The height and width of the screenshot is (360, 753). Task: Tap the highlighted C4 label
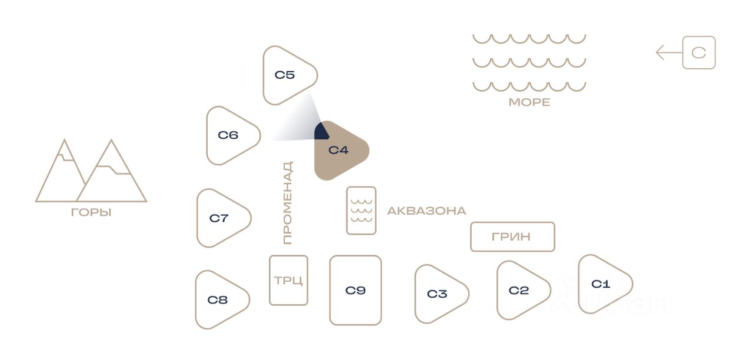(338, 150)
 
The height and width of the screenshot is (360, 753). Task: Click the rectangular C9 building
(355, 291)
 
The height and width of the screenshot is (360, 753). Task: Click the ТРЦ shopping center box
(288, 281)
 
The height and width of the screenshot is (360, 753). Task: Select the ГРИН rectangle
(512, 236)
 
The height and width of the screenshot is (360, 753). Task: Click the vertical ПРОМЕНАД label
(288, 203)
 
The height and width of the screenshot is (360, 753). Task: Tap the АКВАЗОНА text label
(427, 211)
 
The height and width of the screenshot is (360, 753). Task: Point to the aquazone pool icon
(361, 211)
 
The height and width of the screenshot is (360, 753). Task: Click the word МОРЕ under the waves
(529, 102)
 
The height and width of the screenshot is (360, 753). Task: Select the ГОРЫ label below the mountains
(91, 212)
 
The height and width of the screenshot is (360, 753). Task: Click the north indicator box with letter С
(699, 53)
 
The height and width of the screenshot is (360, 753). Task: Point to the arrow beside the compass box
(669, 53)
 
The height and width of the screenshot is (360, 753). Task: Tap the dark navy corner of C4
(321, 132)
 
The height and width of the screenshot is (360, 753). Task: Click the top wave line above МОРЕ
(529, 39)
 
